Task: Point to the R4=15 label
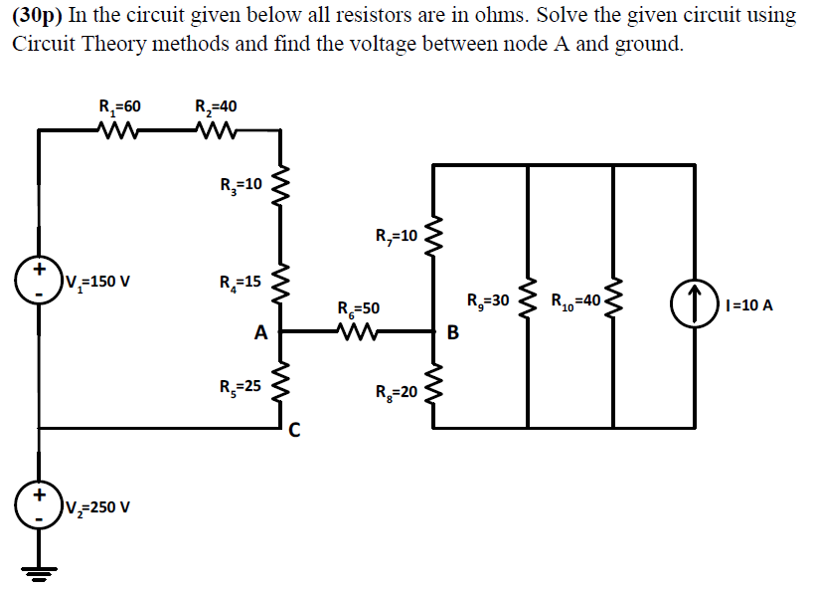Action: click(240, 282)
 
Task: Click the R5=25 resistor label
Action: click(240, 386)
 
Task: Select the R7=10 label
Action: click(397, 237)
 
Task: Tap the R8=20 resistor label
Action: click(397, 391)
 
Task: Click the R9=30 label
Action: click(487, 300)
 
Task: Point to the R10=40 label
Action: click(575, 300)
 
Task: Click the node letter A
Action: click(260, 333)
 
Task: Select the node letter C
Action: click(295, 431)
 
